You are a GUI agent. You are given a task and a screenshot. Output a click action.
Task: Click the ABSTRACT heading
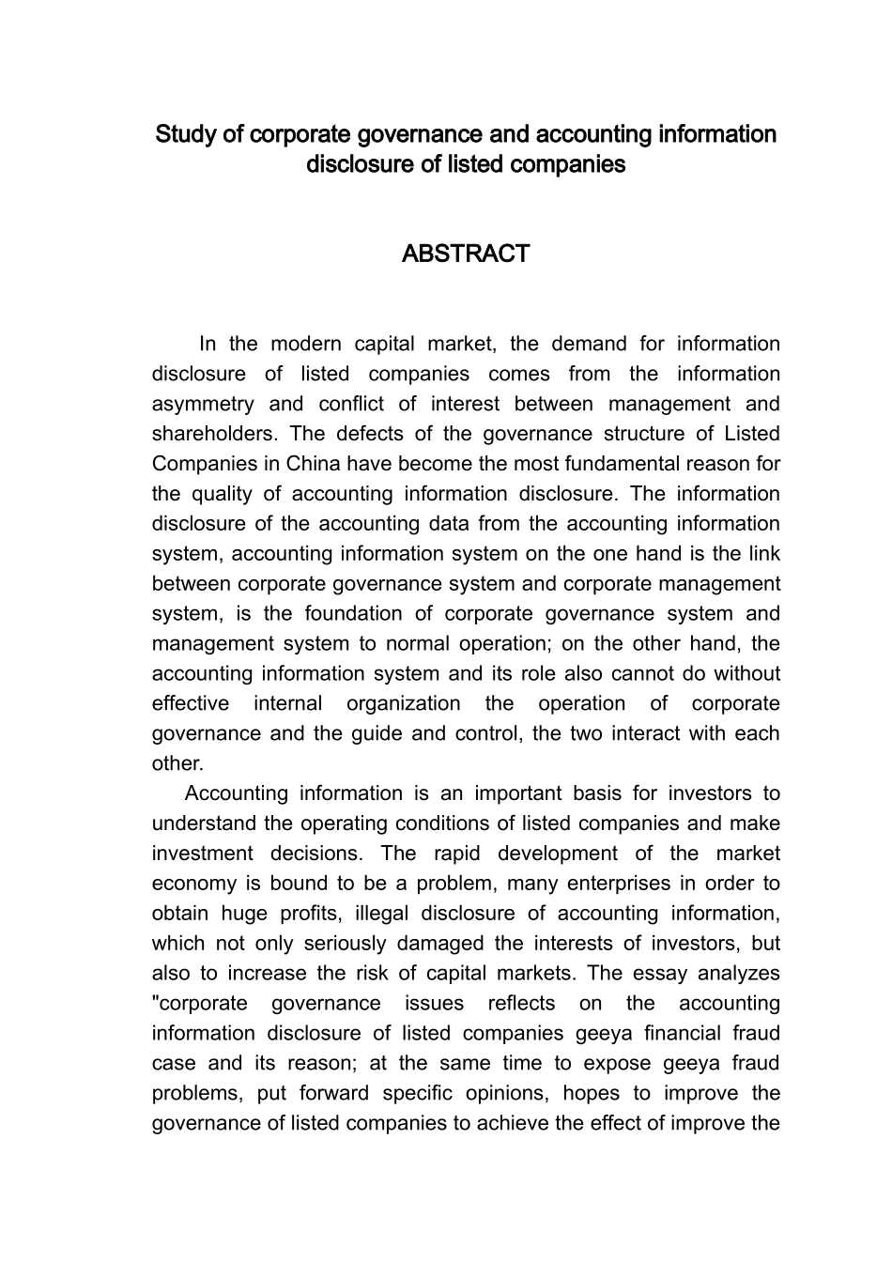[465, 254]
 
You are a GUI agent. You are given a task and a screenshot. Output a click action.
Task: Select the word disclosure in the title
[353, 164]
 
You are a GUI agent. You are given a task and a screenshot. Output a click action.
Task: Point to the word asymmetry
[203, 404]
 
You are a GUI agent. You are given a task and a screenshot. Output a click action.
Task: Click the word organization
[403, 703]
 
